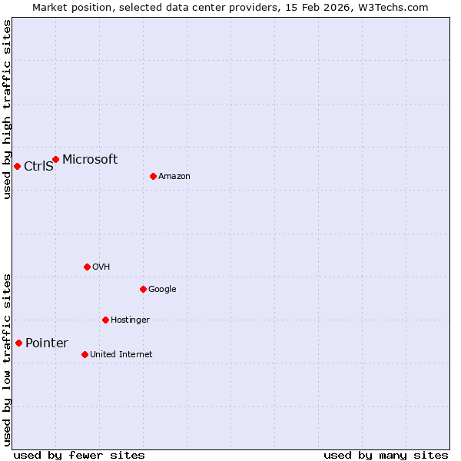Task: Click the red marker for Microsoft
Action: point(55,159)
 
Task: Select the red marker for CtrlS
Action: point(17,166)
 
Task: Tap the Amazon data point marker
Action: point(153,176)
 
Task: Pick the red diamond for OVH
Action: point(87,267)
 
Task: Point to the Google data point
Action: point(143,289)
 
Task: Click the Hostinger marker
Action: point(105,320)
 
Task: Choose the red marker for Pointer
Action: point(18,343)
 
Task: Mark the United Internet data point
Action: point(85,354)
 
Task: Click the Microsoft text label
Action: point(90,160)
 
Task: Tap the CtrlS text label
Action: point(38,166)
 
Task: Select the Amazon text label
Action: point(174,177)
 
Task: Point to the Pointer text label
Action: point(47,343)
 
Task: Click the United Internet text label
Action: point(121,355)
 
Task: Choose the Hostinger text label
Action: point(130,320)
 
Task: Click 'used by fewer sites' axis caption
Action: point(79,455)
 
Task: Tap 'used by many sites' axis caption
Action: point(386,455)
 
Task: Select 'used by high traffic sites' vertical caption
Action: point(7,109)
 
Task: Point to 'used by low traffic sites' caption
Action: point(7,359)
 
